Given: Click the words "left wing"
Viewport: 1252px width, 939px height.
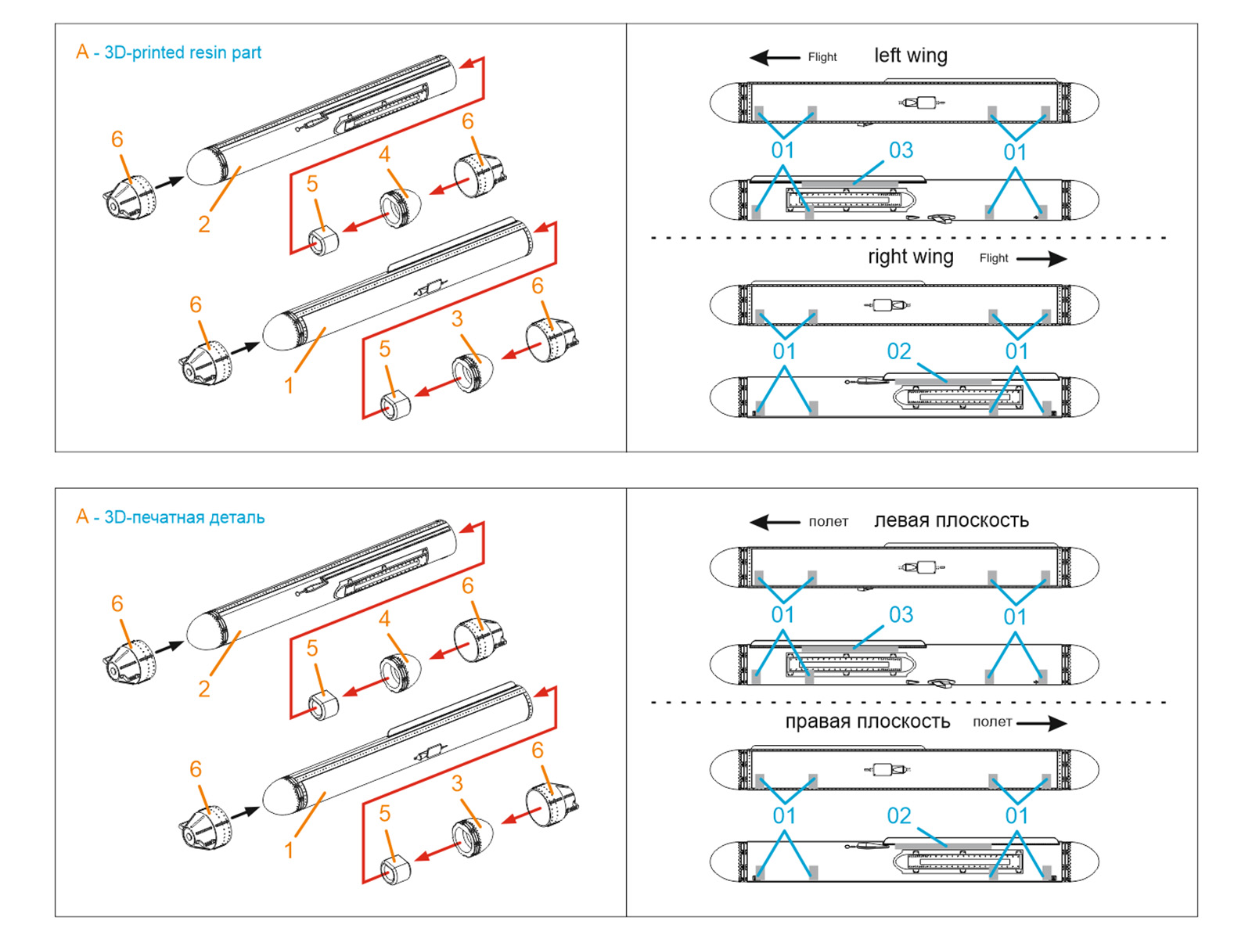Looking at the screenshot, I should tap(910, 56).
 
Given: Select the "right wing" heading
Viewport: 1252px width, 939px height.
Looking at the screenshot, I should tap(910, 257).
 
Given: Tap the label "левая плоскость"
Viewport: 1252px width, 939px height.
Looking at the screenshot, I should tap(951, 520).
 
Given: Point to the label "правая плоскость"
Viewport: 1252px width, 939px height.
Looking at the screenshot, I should tap(867, 721).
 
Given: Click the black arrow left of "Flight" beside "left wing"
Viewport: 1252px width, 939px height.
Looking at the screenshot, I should tap(774, 57).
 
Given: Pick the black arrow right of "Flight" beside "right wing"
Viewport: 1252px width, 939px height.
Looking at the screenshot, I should tap(1042, 259).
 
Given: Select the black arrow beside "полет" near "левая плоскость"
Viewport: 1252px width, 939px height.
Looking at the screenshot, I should tap(774, 522).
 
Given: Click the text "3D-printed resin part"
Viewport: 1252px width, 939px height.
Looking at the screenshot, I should tap(182, 52).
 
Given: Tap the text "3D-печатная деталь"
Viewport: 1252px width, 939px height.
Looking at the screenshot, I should tap(184, 517).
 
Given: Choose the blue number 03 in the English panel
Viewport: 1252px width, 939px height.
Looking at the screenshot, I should tap(901, 150).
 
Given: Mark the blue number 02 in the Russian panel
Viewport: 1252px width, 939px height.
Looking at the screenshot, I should tap(899, 816).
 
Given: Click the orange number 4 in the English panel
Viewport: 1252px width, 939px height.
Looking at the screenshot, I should tap(384, 155).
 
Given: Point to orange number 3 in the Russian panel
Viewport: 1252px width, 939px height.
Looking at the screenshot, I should tap(457, 783).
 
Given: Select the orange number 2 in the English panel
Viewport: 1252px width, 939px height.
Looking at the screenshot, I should tap(204, 225).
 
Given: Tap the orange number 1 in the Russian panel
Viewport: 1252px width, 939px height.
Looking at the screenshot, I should tap(289, 850).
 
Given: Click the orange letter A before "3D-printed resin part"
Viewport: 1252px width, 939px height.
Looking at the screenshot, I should tap(82, 52).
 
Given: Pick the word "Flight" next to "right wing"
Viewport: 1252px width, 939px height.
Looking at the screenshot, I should tap(994, 258).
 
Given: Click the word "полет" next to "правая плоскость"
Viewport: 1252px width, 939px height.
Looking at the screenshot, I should tap(992, 722).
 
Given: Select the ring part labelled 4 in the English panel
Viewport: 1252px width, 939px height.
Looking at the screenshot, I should tap(401, 207).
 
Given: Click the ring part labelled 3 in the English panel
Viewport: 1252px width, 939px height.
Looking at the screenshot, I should tap(472, 372).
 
